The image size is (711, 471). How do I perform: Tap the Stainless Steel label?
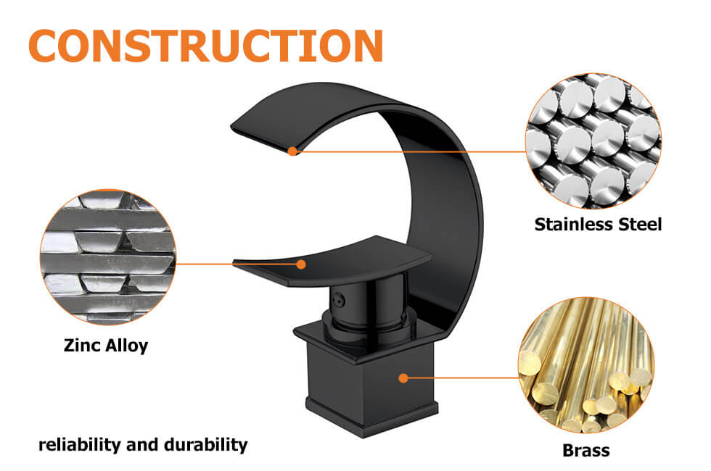click(x=598, y=224)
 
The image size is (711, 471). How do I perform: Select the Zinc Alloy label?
click(x=106, y=345)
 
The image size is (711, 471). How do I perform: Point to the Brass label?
click(x=586, y=450)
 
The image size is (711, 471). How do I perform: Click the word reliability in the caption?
click(x=80, y=444)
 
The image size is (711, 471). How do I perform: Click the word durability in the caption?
click(x=205, y=445)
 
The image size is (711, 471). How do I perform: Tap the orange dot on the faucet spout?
click(x=293, y=151)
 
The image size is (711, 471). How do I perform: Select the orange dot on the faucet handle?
click(x=301, y=264)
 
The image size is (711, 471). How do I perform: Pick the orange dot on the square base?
click(x=403, y=378)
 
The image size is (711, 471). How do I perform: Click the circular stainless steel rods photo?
click(x=593, y=141)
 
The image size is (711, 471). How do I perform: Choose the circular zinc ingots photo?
click(x=108, y=257)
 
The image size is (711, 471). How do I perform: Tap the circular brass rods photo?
click(x=586, y=365)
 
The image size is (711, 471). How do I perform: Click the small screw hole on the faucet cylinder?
click(x=338, y=300)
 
